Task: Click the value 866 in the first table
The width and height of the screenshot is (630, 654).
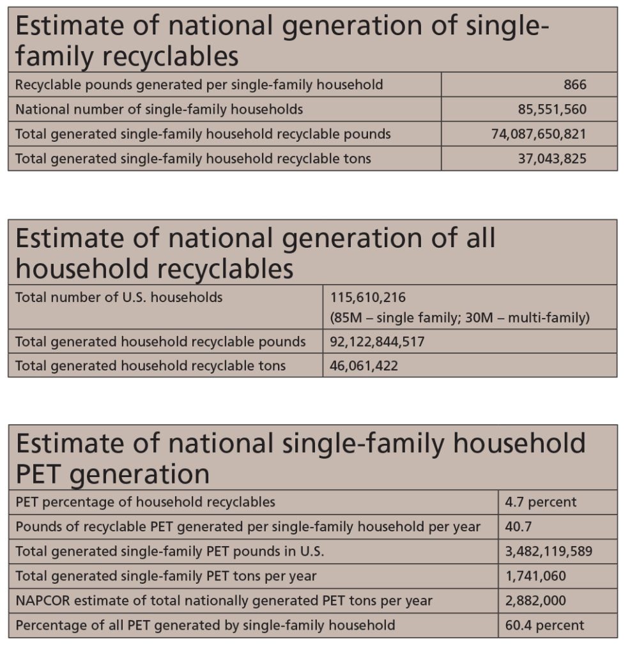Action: click(x=575, y=85)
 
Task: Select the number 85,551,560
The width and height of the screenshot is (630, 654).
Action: click(x=553, y=109)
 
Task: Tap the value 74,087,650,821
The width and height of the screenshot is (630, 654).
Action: click(x=539, y=134)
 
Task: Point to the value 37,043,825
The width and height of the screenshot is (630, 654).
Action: click(x=553, y=158)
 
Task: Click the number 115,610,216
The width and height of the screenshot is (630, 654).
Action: click(x=368, y=298)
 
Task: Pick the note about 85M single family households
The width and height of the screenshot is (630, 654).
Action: click(x=460, y=318)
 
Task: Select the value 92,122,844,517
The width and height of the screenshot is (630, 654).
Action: click(x=377, y=342)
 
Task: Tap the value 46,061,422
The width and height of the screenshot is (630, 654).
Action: click(x=364, y=366)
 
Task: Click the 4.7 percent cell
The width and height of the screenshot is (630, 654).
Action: click(x=541, y=502)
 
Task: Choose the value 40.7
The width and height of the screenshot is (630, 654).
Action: click(x=518, y=527)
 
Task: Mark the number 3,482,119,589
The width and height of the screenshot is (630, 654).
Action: click(x=549, y=551)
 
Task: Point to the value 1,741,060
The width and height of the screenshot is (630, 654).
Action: click(x=535, y=576)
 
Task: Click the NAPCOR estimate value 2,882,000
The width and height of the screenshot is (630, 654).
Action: click(x=535, y=600)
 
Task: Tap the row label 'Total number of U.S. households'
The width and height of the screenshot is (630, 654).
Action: click(x=119, y=298)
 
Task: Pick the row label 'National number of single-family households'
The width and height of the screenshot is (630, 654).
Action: click(x=159, y=109)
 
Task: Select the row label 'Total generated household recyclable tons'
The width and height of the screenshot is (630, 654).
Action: click(x=151, y=366)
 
